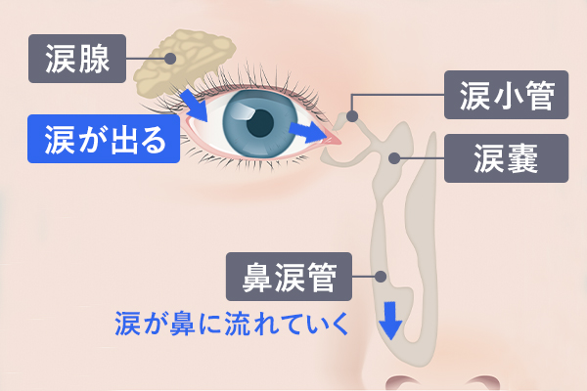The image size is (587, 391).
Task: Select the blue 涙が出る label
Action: coord(104,138)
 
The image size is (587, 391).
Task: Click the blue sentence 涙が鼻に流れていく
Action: coord(231,323)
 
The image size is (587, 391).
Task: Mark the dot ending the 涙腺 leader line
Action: coord(170,59)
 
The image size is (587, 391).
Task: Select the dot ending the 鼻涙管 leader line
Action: coord(381,277)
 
